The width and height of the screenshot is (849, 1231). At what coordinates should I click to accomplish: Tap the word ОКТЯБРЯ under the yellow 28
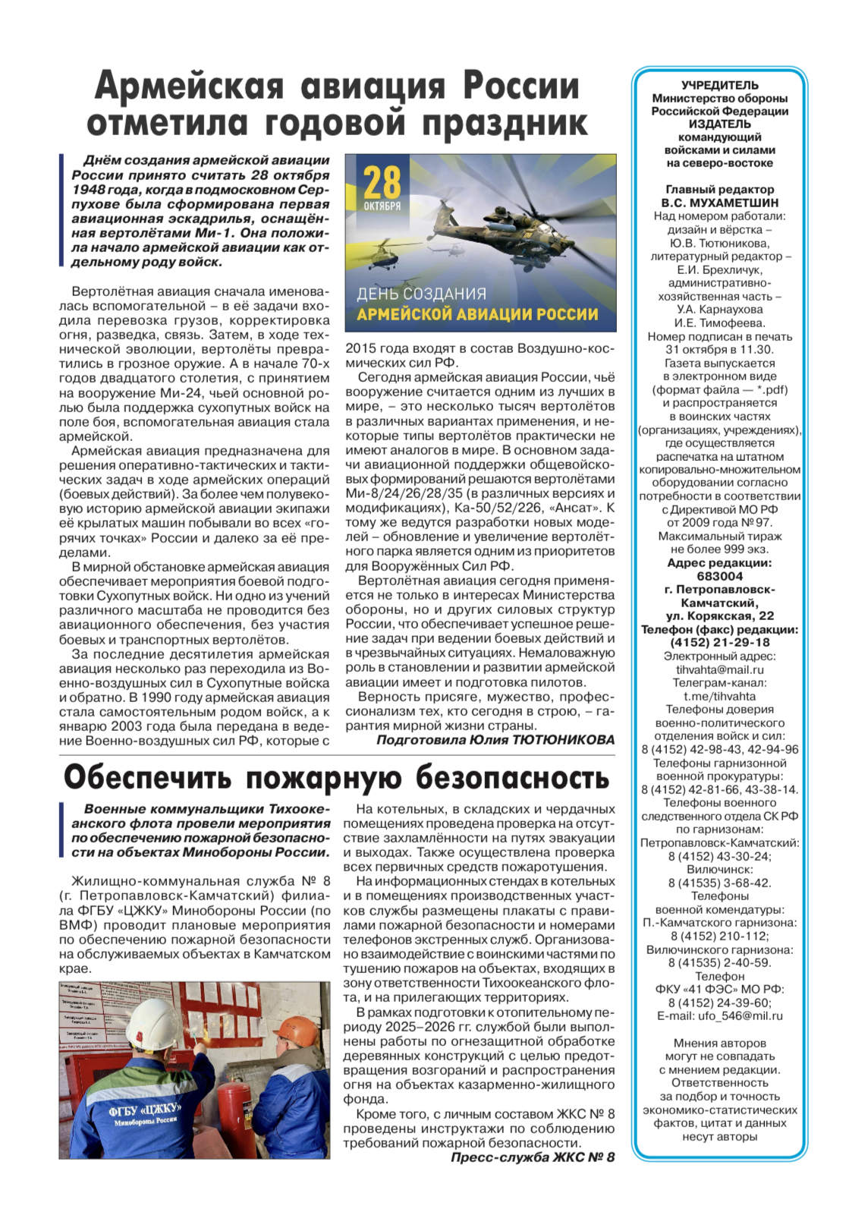point(382,206)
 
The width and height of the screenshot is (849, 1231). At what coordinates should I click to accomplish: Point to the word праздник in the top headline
point(505,124)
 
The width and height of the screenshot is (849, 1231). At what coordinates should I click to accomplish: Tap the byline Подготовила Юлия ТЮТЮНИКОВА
point(495,740)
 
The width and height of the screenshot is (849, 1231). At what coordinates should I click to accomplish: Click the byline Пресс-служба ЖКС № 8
point(533,1157)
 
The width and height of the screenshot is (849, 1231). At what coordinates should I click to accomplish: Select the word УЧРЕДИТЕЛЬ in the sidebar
point(719,85)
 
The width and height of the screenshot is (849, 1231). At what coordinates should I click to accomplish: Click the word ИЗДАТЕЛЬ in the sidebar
point(719,124)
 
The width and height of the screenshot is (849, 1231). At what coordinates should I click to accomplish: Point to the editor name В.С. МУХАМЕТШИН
point(719,203)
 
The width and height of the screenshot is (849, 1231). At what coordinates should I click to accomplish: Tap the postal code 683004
point(719,576)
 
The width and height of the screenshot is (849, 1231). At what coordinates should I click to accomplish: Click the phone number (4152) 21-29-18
point(719,642)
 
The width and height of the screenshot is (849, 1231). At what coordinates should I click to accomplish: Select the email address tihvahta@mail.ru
point(719,669)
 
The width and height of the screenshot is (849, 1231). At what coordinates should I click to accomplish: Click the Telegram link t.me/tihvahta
point(719,696)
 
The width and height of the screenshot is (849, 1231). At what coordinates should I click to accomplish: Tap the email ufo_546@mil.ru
point(719,1015)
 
